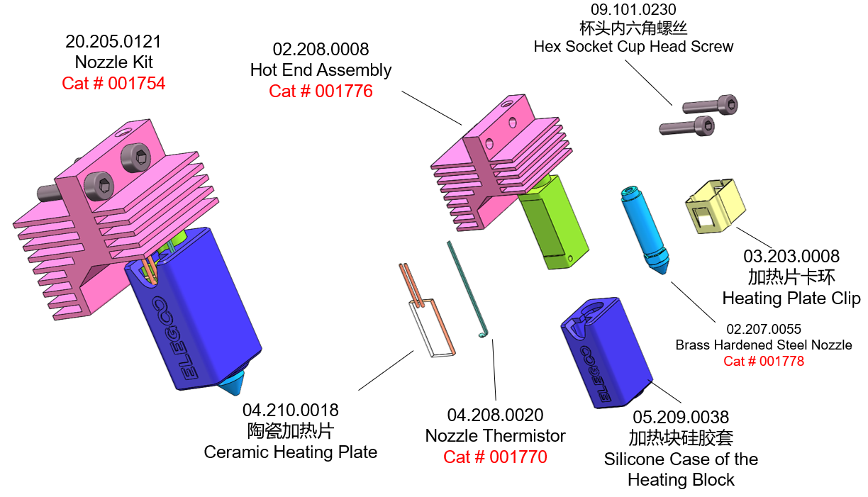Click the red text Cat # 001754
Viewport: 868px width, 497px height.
(x=113, y=83)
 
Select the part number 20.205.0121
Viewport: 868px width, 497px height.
(x=113, y=41)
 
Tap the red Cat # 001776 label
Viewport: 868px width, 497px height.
(x=321, y=91)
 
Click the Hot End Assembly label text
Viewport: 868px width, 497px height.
(x=321, y=70)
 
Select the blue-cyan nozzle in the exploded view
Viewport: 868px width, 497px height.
(x=645, y=230)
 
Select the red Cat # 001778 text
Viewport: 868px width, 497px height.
(x=764, y=361)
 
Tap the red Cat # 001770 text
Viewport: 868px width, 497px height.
(x=495, y=457)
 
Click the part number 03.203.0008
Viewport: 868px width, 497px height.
(x=791, y=256)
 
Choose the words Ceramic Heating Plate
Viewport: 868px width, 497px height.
(x=291, y=452)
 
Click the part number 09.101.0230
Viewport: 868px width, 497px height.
(x=633, y=10)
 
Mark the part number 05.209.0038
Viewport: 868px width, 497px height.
(x=681, y=417)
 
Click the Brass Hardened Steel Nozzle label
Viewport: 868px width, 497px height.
(x=764, y=345)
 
